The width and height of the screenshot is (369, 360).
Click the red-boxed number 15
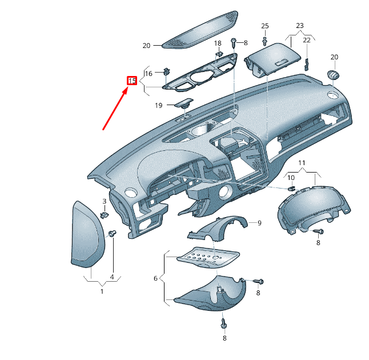pyautogui.click(x=131, y=81)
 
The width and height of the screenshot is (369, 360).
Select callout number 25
pyautogui.click(x=264, y=26)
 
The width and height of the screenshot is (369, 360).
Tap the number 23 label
pyautogui.click(x=299, y=26)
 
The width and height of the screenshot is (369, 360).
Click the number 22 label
pyautogui.click(x=307, y=40)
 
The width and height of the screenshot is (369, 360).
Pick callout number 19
pyautogui.click(x=159, y=105)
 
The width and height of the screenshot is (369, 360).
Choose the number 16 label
pyautogui.click(x=149, y=74)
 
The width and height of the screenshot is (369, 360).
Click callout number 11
pyautogui.click(x=302, y=163)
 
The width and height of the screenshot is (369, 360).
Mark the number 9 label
pyautogui.click(x=259, y=223)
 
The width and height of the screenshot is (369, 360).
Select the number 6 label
pyautogui.click(x=155, y=278)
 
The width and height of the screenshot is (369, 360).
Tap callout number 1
pyautogui.click(x=102, y=291)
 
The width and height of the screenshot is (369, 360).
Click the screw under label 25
pyautogui.click(x=264, y=41)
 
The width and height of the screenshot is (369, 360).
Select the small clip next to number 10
pyautogui.click(x=290, y=188)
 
